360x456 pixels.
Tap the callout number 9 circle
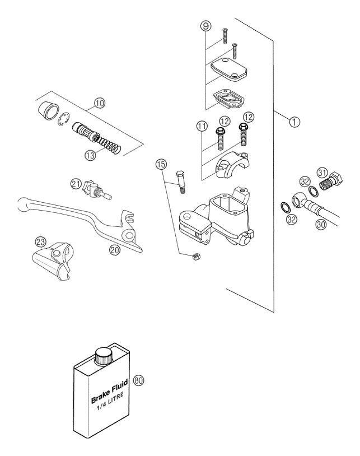[x=205, y=25]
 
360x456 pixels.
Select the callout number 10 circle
[x=99, y=103]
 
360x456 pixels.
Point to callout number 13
[x=90, y=155]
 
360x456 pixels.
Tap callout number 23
[x=40, y=242]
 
